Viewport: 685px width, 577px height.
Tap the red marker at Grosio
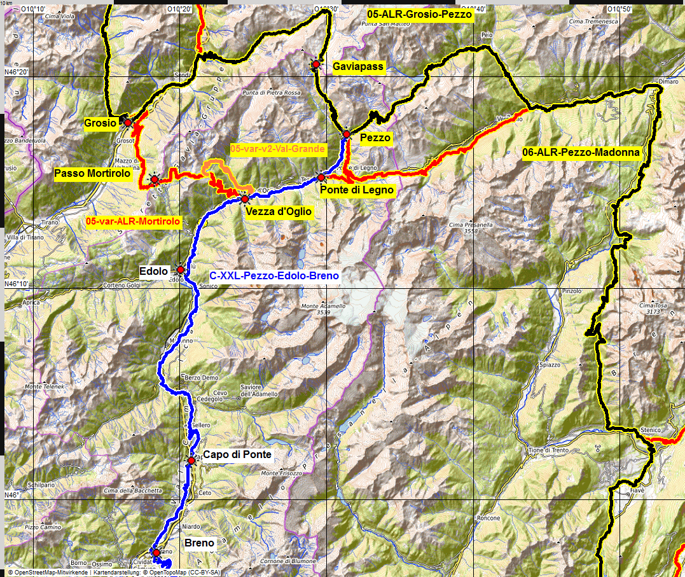point(128,122)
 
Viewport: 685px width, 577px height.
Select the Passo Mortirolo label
point(92,173)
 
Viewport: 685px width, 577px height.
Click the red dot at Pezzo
point(347,134)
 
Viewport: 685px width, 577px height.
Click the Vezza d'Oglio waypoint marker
point(245,199)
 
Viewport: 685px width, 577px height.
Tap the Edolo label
point(154,272)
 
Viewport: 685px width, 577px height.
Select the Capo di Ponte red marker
point(191,461)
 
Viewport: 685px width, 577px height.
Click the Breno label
point(199,543)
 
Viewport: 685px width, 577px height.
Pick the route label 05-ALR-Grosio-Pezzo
point(419,14)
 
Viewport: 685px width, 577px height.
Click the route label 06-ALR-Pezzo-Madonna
point(581,153)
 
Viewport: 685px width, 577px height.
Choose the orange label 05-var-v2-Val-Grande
point(278,149)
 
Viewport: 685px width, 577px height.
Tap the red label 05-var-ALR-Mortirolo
point(133,222)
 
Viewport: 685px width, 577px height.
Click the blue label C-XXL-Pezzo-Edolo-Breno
point(274,276)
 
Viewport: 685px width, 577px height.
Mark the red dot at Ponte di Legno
point(321,177)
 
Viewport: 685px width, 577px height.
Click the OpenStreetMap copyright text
point(48,573)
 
